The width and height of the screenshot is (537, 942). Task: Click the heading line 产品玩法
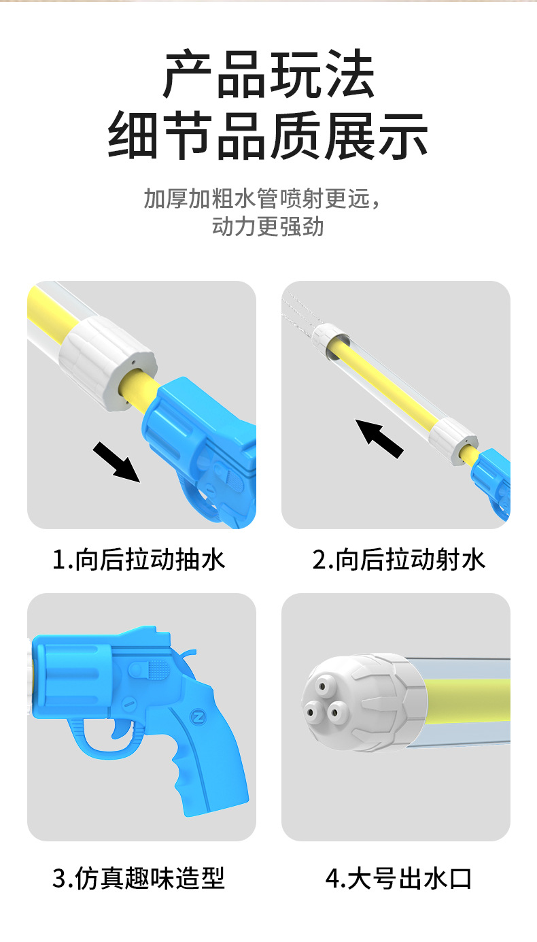tap(268, 74)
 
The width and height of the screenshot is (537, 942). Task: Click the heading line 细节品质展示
tap(268, 136)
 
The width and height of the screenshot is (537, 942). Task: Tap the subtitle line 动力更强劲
tap(268, 226)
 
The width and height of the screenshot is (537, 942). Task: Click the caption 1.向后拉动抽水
tap(139, 560)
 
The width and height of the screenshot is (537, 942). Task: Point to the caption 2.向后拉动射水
tap(399, 560)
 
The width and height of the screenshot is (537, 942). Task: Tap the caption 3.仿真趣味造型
tap(139, 878)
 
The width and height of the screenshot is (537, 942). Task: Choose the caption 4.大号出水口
tap(399, 878)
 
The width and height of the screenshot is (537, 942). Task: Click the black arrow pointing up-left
tap(379, 438)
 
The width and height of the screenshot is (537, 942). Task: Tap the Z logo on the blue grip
tap(197, 717)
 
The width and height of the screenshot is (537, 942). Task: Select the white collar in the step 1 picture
tap(108, 364)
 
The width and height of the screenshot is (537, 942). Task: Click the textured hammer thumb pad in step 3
tap(158, 669)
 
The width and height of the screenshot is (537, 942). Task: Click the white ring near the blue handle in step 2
tap(453, 442)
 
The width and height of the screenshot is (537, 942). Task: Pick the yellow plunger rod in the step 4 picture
tap(467, 700)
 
